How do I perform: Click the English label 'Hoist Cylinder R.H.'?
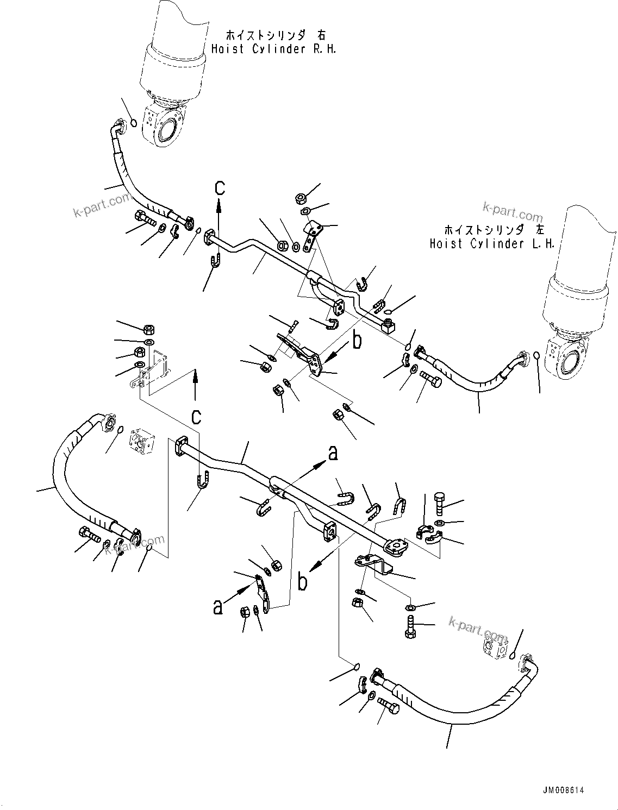pos(273,49)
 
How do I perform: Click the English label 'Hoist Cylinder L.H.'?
pos(492,244)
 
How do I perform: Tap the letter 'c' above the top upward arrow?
pos(219,187)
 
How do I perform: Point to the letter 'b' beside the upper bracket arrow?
pos(357,341)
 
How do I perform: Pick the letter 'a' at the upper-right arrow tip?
pos(333,451)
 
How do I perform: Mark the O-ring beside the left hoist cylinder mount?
pos(537,356)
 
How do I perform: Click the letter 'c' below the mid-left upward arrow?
pos(196,417)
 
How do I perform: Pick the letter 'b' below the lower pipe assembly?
pos(302,581)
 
